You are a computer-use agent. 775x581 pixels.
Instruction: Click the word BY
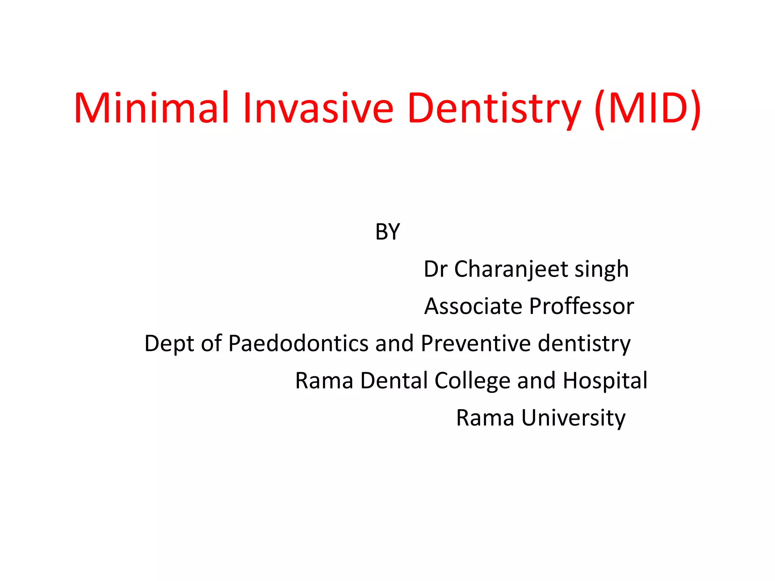pyautogui.click(x=387, y=232)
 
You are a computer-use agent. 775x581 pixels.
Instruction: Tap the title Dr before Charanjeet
pyautogui.click(x=436, y=269)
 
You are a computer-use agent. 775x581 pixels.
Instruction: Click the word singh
pyautogui.click(x=602, y=270)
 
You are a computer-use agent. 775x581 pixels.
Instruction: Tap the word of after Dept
pyautogui.click(x=211, y=343)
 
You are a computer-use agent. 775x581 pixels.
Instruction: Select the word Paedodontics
pyautogui.click(x=299, y=343)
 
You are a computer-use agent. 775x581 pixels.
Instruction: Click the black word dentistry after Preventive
pyautogui.click(x=584, y=344)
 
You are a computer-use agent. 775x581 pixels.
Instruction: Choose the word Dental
pyautogui.click(x=394, y=380)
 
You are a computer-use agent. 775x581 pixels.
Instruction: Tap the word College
pyautogui.click(x=473, y=381)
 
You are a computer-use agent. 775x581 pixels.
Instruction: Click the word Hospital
pyautogui.click(x=605, y=381)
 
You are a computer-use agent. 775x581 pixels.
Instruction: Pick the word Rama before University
pyautogui.click(x=485, y=418)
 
